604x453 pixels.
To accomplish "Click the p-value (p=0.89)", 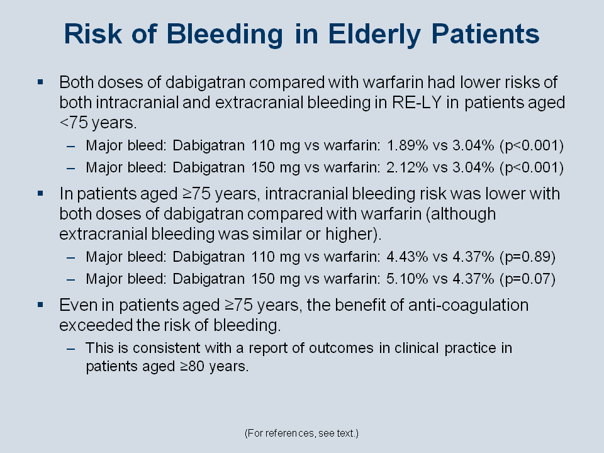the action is pos(527,257).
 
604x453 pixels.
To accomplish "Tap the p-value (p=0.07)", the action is pos(527,279).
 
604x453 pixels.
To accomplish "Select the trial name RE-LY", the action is pos(417,103).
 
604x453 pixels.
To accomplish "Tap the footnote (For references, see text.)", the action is pos(301,433).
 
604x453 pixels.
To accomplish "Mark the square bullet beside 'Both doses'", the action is pos(40,82).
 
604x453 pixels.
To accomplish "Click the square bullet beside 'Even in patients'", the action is pos(40,305).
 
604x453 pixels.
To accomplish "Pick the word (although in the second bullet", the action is pos(461,214).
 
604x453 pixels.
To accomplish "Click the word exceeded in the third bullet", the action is pos(96,325).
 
